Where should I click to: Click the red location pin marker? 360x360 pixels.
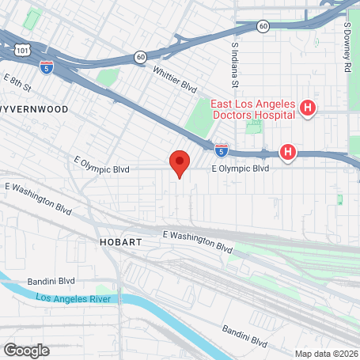(x=180, y=162)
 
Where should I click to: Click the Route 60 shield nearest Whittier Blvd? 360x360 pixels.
(x=140, y=56)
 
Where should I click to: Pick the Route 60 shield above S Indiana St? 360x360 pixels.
(x=261, y=26)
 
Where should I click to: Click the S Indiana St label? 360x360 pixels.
(x=235, y=66)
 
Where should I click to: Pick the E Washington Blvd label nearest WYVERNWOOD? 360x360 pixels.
(x=38, y=197)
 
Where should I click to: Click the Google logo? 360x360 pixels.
(x=26, y=349)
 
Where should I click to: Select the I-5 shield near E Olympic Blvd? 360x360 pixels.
(x=222, y=148)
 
